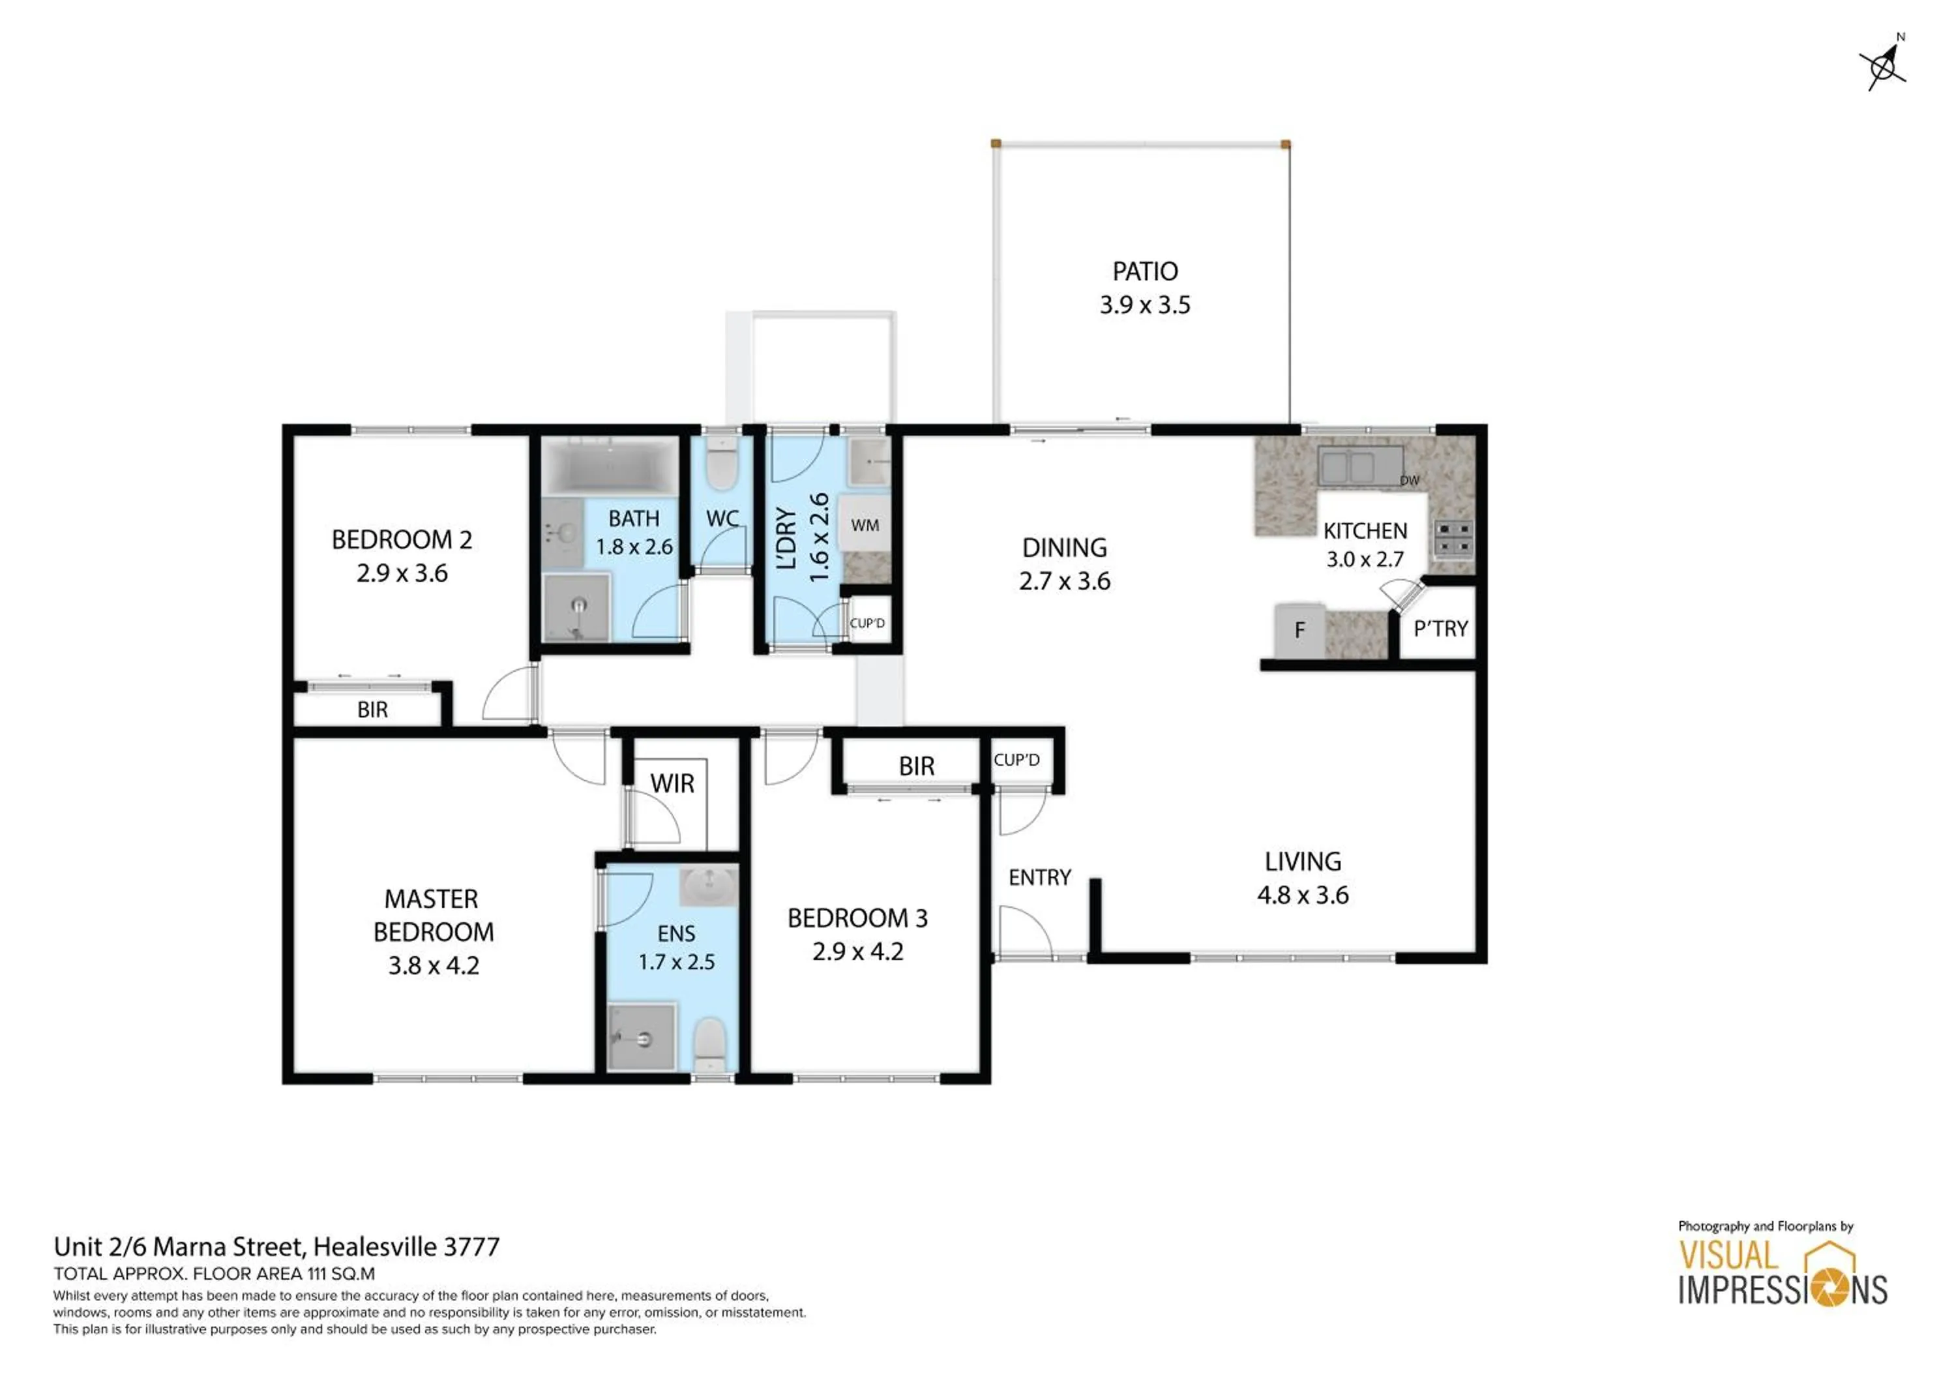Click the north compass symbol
(1884, 65)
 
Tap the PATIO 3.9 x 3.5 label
(1145, 288)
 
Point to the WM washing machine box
(865, 525)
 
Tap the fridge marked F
(1300, 631)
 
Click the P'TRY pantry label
(1440, 629)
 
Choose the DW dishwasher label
(1410, 481)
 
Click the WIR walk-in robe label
(672, 784)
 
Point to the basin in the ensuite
(709, 886)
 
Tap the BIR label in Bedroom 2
(372, 710)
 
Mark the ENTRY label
(1039, 878)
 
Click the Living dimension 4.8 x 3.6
(1303, 895)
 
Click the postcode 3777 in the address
(471, 1247)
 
